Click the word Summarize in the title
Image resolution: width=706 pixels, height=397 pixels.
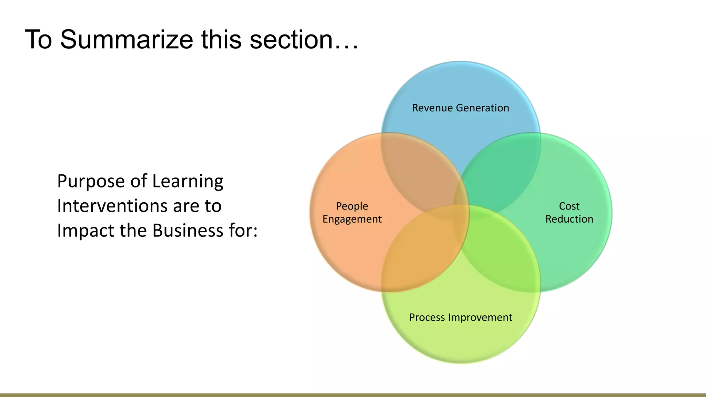click(127, 40)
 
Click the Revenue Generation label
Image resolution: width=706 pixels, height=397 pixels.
click(461, 108)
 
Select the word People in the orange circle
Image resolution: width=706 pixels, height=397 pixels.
click(352, 206)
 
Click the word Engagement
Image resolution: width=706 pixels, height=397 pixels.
click(352, 219)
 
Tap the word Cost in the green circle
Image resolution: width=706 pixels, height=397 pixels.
click(569, 206)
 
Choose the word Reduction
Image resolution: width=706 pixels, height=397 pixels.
click(569, 219)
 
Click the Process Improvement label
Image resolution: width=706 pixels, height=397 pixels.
click(461, 317)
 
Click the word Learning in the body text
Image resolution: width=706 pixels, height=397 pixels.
click(188, 182)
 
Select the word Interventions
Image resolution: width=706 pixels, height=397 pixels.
click(112, 206)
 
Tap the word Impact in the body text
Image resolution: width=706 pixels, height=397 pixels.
click(85, 231)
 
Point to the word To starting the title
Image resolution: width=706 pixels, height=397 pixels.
click(38, 40)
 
